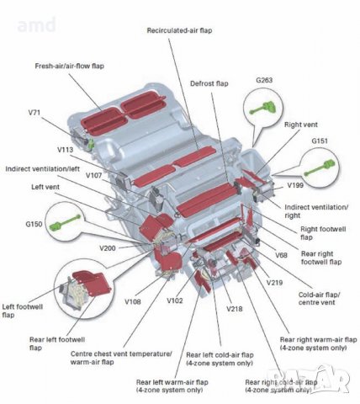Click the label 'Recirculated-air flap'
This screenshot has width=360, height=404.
[179, 30]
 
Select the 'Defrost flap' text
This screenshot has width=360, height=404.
[210, 84]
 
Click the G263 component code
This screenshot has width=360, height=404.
[265, 81]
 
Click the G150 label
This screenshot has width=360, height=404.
[34, 224]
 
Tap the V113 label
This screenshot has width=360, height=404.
[66, 149]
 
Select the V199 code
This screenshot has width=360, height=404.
[295, 184]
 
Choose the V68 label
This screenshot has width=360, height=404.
[281, 254]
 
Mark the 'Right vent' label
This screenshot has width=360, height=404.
[300, 125]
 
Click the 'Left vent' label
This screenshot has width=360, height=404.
[47, 187]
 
